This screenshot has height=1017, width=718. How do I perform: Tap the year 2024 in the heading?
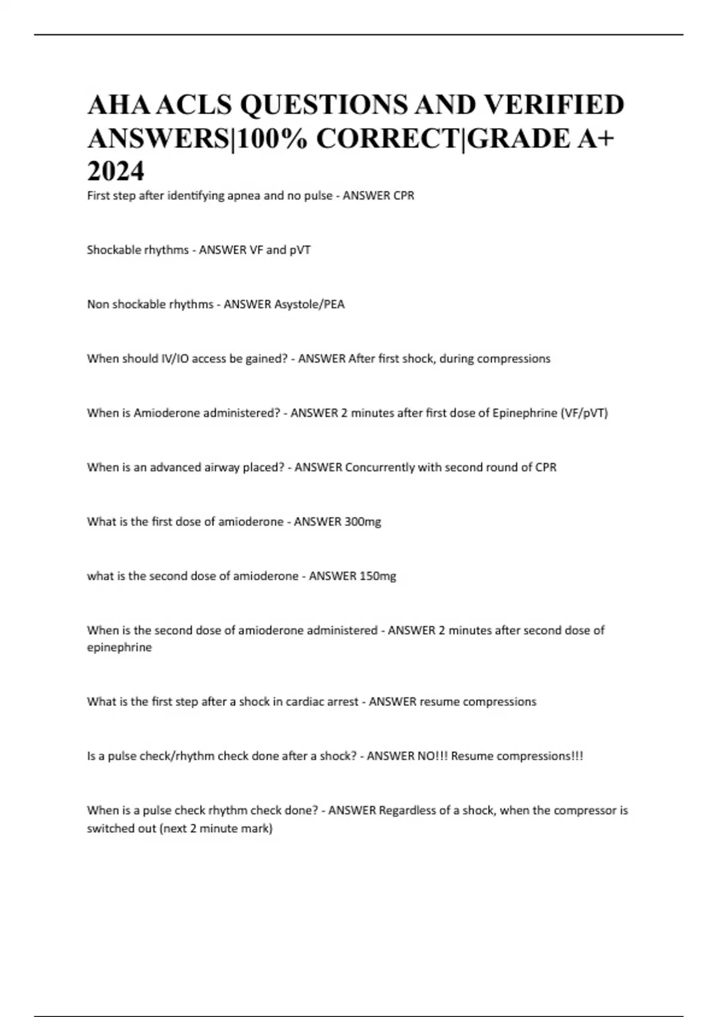click(115, 172)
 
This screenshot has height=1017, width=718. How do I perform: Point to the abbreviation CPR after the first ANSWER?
click(403, 196)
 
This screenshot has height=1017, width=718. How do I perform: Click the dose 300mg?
click(363, 522)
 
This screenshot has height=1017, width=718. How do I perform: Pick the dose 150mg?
click(378, 577)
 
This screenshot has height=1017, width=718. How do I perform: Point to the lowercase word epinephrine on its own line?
click(119, 648)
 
